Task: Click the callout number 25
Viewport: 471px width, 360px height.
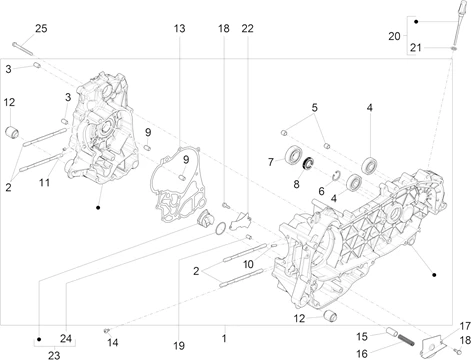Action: click(41, 29)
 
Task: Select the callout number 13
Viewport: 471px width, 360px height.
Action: click(179, 29)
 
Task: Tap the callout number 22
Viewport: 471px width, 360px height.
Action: click(248, 29)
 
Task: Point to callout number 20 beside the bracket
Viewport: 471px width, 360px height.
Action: click(394, 36)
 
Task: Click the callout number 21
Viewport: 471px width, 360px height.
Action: click(416, 48)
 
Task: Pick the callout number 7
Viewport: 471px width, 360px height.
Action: click(271, 162)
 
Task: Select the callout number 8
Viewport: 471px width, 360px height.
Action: click(296, 184)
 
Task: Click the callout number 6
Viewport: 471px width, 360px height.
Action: click(321, 191)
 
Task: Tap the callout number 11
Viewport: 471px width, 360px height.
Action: click(44, 183)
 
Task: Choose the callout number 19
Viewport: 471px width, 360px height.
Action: click(179, 346)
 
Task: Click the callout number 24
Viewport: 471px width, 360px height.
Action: click(66, 339)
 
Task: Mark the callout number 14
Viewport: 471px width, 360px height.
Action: click(113, 342)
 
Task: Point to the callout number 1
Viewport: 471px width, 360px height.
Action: click(224, 338)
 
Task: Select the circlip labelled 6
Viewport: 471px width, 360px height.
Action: click(337, 174)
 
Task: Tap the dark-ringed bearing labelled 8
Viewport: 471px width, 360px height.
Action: click(308, 163)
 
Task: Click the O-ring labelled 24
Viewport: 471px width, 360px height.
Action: click(220, 229)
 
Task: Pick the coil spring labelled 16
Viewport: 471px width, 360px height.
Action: click(406, 340)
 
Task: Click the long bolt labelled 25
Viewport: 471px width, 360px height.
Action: click(23, 49)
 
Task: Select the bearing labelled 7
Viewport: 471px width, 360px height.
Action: click(294, 155)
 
